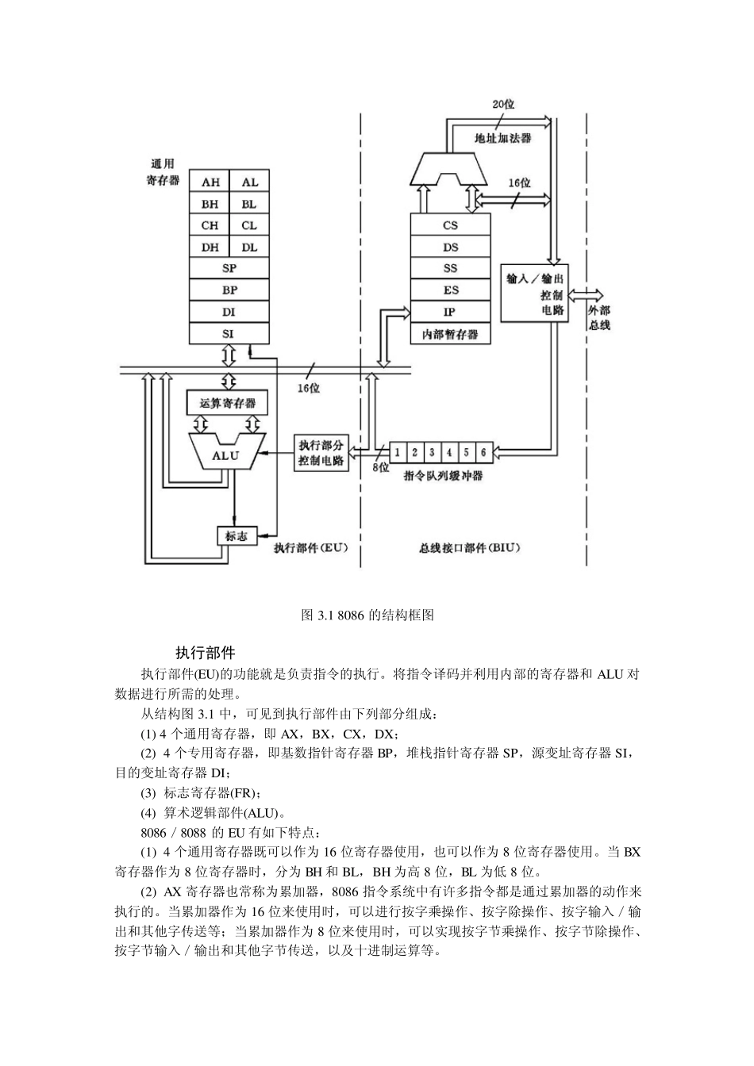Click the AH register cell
click(x=210, y=182)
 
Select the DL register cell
click(x=249, y=247)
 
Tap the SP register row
click(x=229, y=269)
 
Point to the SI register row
click(x=229, y=334)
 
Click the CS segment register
click(x=450, y=225)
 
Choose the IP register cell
click(x=450, y=312)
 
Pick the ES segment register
click(x=450, y=290)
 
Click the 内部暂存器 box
click(x=450, y=334)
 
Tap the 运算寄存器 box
click(x=227, y=403)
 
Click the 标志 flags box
click(x=237, y=536)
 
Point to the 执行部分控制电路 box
click(x=321, y=453)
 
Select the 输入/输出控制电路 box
click(x=536, y=294)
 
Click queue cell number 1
click(x=398, y=452)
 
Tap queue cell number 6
click(x=483, y=452)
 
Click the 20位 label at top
click(x=504, y=104)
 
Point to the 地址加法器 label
click(x=502, y=137)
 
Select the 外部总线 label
click(x=598, y=317)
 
